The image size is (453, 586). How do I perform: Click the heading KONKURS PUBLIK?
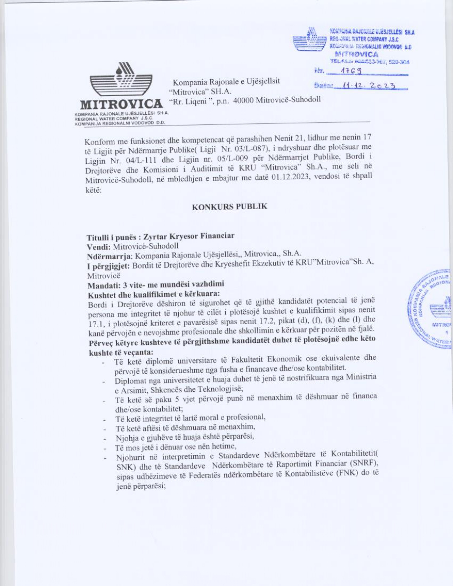pyautogui.click(x=229, y=207)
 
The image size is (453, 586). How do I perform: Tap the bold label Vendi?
pyautogui.click(x=99, y=246)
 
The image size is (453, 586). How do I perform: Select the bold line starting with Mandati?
pyautogui.click(x=156, y=284)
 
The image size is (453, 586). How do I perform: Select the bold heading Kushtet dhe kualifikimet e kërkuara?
pyautogui.click(x=154, y=294)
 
